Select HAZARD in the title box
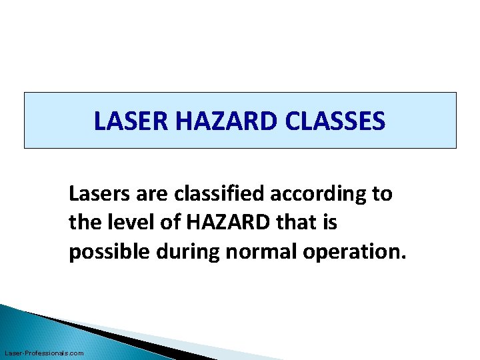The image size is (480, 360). coord(210,121)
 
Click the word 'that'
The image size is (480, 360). coord(293,223)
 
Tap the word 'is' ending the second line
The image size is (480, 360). coord(330,223)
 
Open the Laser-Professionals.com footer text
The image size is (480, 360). coord(44,353)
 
